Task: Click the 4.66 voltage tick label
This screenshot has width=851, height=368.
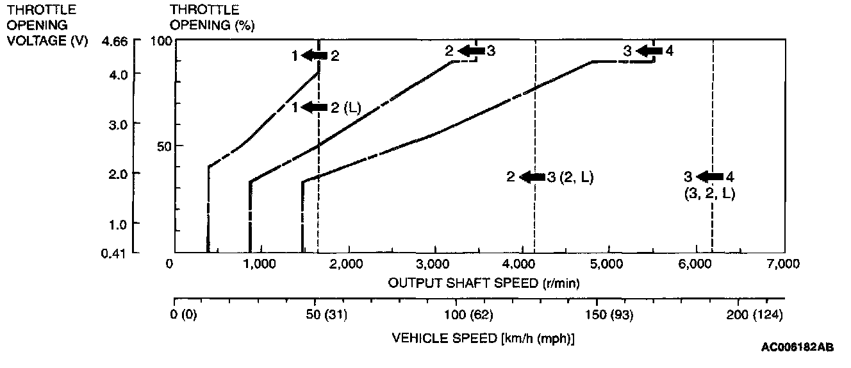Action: [x=115, y=42]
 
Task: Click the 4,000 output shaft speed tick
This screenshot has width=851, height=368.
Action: [x=523, y=264]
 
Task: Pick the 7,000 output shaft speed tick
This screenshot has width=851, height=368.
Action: [x=784, y=264]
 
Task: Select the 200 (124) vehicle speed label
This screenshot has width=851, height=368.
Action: [x=755, y=315]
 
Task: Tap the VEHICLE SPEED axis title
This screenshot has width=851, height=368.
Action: [x=483, y=338]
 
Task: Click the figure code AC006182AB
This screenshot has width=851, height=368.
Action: [x=798, y=347]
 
